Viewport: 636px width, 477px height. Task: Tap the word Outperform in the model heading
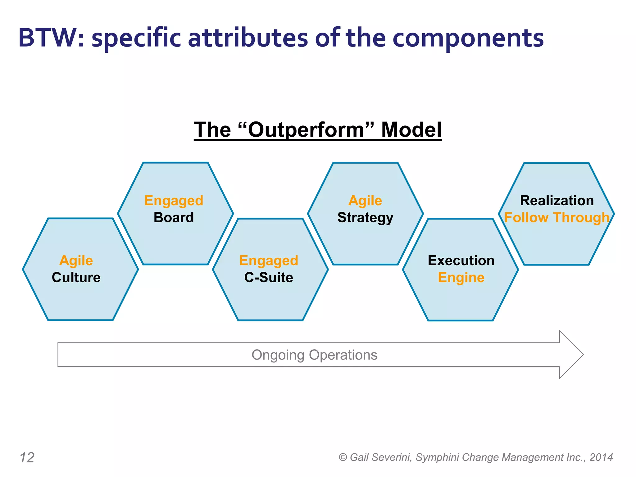(x=306, y=129)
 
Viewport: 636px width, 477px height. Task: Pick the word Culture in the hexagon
(x=76, y=277)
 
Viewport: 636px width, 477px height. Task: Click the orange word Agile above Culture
(x=76, y=261)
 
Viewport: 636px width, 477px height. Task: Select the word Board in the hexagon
(x=174, y=217)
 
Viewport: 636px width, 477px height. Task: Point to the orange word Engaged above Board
(x=174, y=201)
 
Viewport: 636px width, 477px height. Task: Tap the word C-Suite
(x=269, y=277)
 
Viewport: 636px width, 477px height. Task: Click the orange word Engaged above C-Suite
(x=269, y=261)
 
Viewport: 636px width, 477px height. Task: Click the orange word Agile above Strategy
(x=365, y=201)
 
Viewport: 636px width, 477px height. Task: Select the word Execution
(x=461, y=261)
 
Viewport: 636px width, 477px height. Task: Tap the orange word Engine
(x=461, y=278)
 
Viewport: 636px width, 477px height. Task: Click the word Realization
(x=557, y=201)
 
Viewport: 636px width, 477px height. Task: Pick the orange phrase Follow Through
(x=557, y=217)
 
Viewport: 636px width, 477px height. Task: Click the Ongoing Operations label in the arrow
(x=314, y=355)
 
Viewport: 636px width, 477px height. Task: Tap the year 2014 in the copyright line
(x=601, y=457)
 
